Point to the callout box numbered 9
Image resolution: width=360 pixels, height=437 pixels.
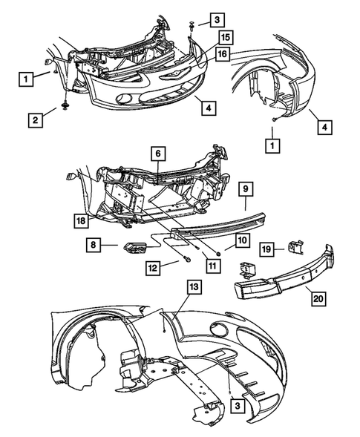point(246,189)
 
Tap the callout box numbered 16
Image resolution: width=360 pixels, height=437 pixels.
point(221,53)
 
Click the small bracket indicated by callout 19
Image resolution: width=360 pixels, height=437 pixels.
point(294,245)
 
